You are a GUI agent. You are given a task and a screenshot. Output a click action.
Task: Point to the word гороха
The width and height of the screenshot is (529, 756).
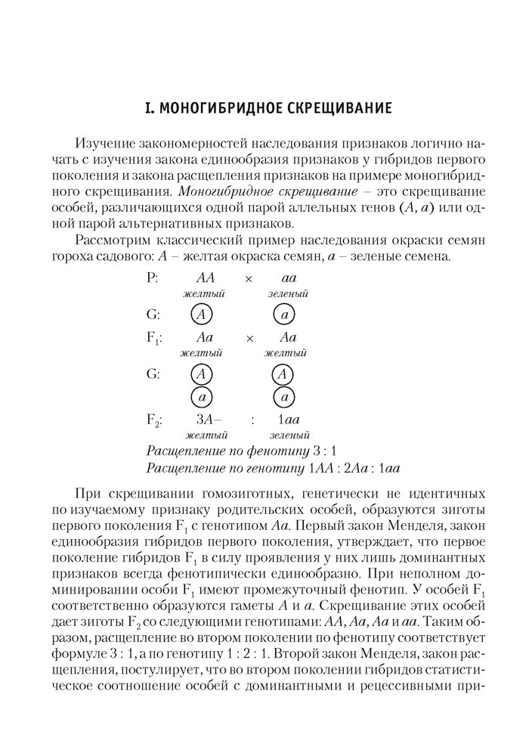click(91, 258)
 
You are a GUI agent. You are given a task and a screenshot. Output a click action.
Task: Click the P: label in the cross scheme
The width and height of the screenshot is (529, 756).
click(152, 277)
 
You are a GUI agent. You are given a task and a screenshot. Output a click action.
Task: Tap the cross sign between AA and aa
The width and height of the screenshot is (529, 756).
click(249, 278)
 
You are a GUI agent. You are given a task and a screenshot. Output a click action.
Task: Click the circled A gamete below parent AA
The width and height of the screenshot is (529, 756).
click(201, 314)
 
